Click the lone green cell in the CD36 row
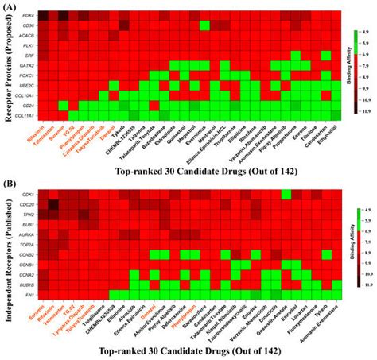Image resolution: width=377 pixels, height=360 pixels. point(204,25)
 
